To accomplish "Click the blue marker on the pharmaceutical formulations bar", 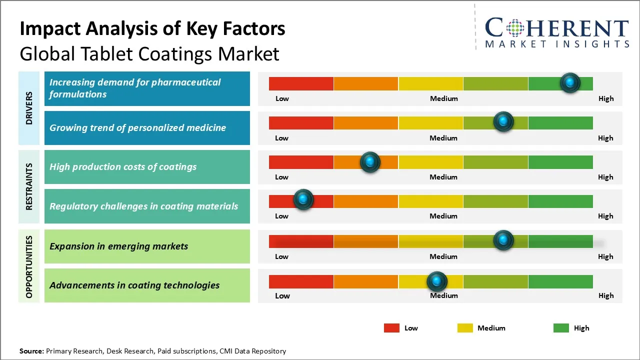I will point(570,82).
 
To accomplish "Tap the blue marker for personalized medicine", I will point(503,121).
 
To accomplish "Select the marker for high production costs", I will point(370,161).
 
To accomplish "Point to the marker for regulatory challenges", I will point(303,199).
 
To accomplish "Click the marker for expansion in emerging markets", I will point(503,240).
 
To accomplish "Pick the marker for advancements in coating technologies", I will point(437,281).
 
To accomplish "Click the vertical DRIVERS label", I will point(29,108).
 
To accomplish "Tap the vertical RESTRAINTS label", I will point(29,186).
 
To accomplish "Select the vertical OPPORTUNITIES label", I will point(29,267).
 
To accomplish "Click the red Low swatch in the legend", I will point(391,328).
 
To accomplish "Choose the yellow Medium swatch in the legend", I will point(465,328).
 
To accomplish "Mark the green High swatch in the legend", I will point(561,328).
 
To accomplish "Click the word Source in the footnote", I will point(31,351).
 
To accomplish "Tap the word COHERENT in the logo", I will point(556,28).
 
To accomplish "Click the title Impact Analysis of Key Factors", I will point(152,28).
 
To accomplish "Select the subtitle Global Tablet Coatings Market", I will point(149,53).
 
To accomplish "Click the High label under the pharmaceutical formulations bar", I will point(606,98).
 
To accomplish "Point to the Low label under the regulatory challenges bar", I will point(281,216).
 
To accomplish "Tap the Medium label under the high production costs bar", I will point(443,177).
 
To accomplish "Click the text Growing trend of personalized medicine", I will point(137,127).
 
